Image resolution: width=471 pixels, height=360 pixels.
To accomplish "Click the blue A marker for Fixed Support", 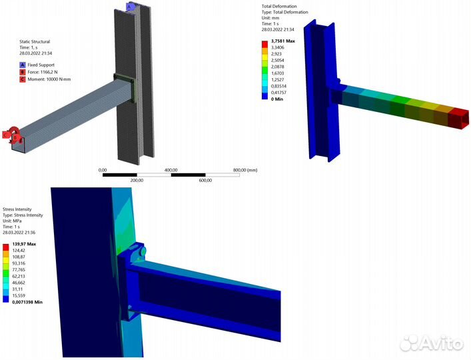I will click(x=22, y=65).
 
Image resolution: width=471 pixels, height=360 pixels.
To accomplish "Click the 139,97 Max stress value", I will click(x=25, y=245).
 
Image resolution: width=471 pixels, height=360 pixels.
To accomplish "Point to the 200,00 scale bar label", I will click(x=137, y=180).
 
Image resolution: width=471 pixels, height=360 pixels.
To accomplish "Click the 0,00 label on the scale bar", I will click(x=103, y=170).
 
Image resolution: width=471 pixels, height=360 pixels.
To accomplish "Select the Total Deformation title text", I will click(x=285, y=6).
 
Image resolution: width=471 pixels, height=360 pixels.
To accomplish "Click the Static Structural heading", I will click(x=35, y=42).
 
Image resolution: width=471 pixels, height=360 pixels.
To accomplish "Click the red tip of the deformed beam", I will click(x=459, y=119).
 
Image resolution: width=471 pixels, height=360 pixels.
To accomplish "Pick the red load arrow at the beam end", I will click(x=11, y=134).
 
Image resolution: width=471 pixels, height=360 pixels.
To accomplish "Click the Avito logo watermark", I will click(x=432, y=343).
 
